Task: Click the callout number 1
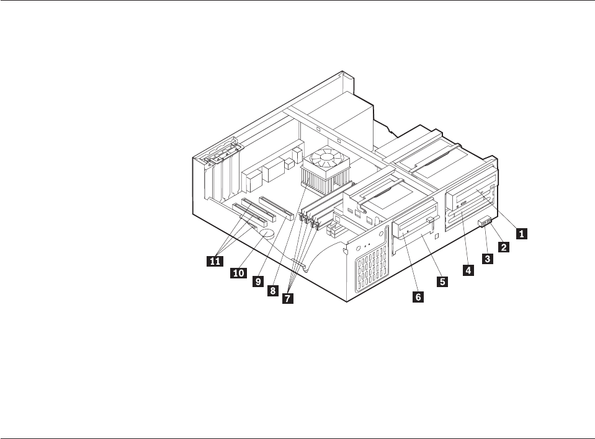522,234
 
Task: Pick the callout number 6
418,297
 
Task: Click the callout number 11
215,262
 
